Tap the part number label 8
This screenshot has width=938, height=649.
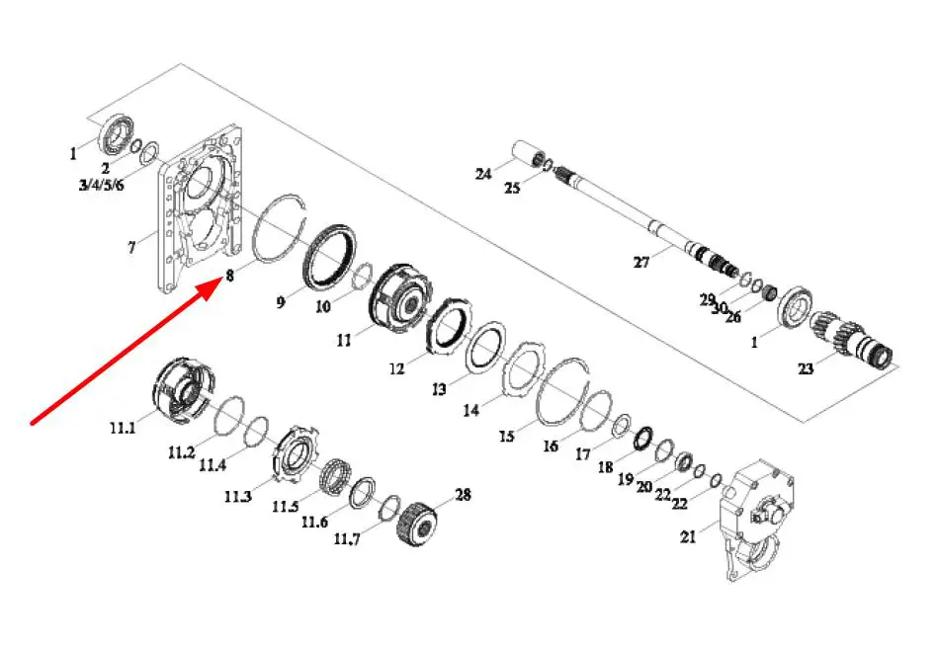pos(229,276)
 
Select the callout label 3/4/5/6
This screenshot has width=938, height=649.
pos(101,184)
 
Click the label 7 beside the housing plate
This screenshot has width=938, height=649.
pos(131,246)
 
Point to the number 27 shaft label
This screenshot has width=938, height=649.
pos(641,262)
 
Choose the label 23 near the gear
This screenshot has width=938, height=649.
pos(806,368)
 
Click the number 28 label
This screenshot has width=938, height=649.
pos(463,495)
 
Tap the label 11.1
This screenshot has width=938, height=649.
pos(123,428)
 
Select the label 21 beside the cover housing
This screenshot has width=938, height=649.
pos(688,536)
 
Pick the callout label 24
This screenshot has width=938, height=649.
pos(483,173)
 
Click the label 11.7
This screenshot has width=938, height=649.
pos(347,539)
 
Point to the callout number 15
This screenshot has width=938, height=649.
pos(507,437)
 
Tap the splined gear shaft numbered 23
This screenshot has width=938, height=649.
pos(852,343)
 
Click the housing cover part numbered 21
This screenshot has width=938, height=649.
pos(755,519)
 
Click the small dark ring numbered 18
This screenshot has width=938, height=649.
pos(643,440)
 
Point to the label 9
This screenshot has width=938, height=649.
pos(281,302)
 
